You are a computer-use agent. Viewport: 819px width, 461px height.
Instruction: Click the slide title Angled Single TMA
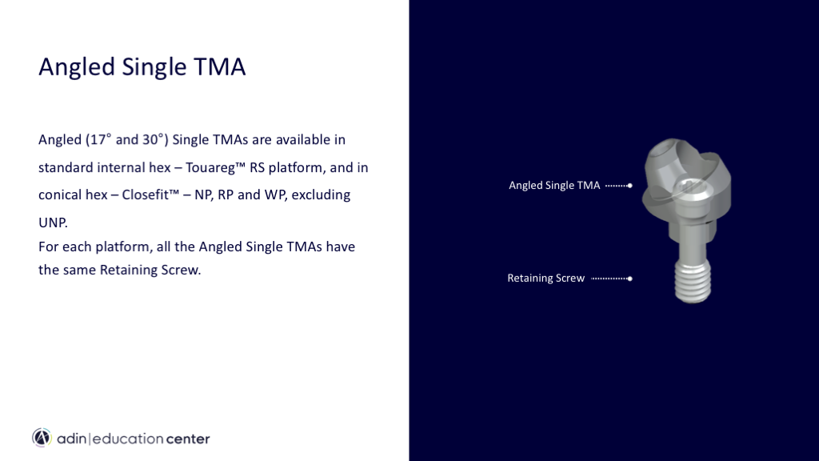click(x=142, y=67)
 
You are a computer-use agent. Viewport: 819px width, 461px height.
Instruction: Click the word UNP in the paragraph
click(x=52, y=222)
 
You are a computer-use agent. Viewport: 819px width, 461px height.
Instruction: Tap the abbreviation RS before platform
click(x=257, y=167)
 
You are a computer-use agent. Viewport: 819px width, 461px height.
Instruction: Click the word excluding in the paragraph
click(x=321, y=195)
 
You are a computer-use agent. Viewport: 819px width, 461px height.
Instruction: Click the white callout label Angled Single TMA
click(x=554, y=185)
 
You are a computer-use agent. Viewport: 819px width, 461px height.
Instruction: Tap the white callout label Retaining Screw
click(x=545, y=278)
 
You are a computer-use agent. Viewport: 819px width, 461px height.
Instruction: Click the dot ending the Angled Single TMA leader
click(x=630, y=186)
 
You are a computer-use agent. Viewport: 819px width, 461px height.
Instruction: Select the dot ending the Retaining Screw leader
click(x=630, y=279)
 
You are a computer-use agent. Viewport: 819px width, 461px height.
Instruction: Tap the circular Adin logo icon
click(x=42, y=438)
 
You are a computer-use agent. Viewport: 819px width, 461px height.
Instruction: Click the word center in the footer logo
click(x=188, y=439)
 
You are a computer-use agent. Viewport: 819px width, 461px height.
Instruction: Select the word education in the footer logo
click(x=128, y=439)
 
